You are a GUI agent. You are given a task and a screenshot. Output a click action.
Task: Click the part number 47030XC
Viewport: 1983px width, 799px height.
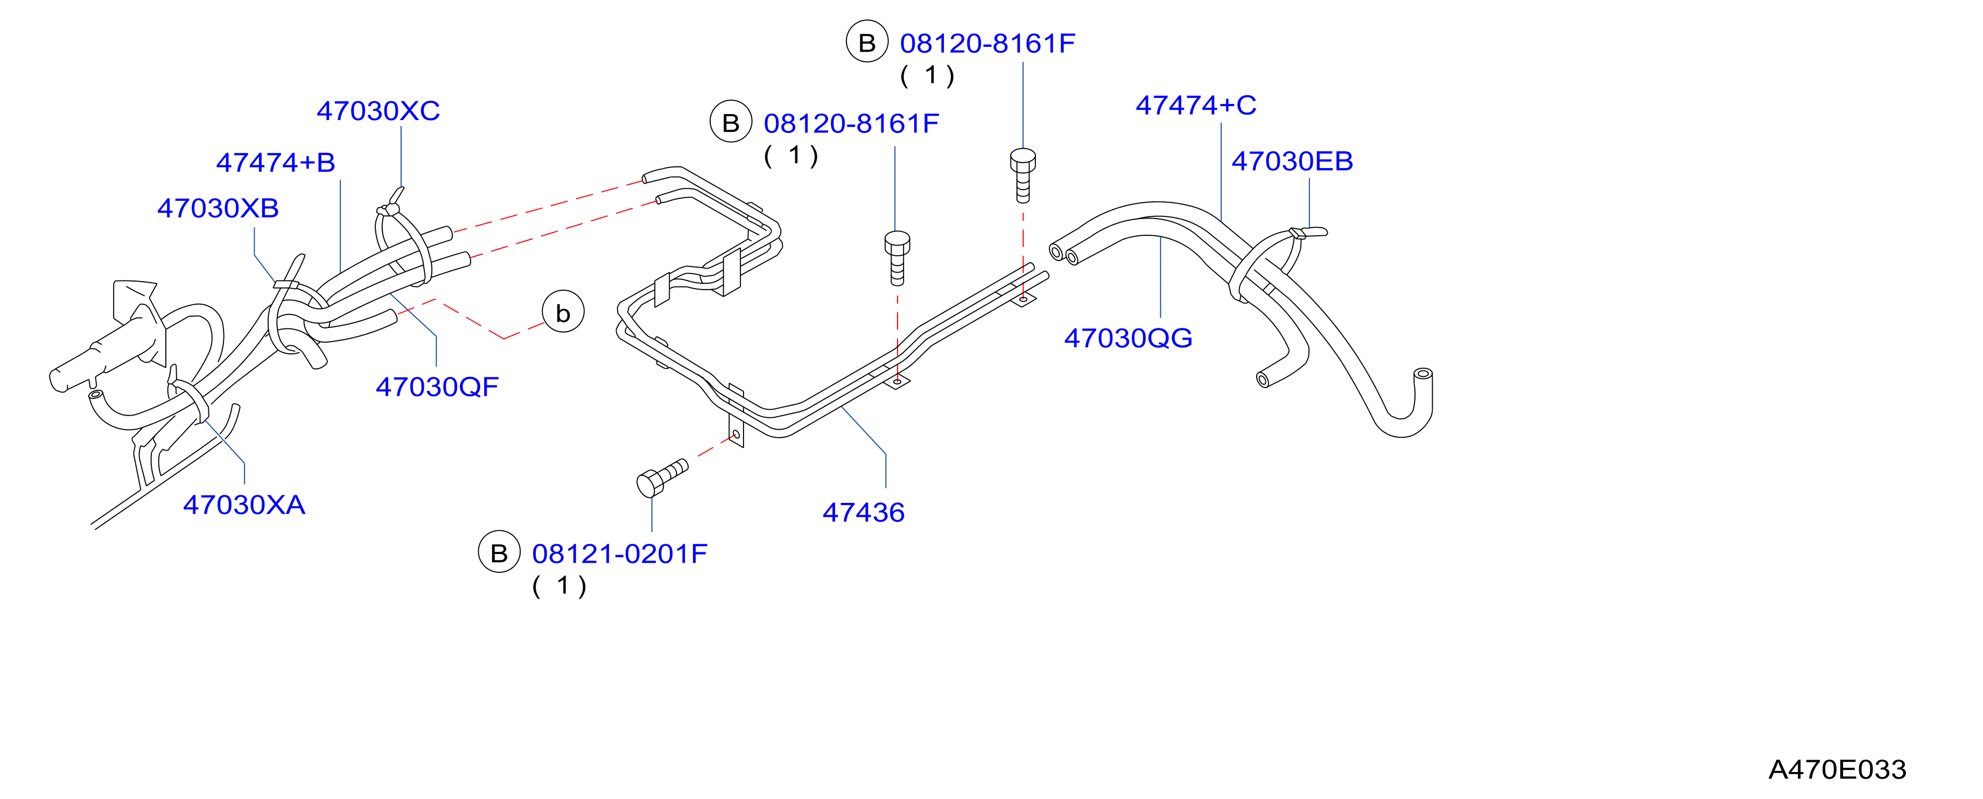click(x=378, y=111)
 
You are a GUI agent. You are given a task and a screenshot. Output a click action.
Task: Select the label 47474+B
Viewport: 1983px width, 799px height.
click(x=276, y=163)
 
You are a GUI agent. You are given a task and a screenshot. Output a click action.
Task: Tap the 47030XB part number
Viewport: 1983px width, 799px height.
click(x=218, y=208)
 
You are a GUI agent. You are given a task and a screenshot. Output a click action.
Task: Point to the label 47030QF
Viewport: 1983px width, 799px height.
click(x=437, y=387)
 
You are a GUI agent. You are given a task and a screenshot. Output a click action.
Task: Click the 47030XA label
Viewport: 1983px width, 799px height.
click(x=244, y=505)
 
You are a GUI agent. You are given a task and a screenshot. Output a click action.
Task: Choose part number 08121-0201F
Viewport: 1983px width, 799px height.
click(x=620, y=553)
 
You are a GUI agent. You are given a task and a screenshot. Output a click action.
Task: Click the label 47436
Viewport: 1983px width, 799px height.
click(x=864, y=513)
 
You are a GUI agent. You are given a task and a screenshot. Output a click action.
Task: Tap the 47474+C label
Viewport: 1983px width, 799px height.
click(x=1196, y=104)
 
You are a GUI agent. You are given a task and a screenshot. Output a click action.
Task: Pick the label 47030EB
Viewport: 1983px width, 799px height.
click(x=1293, y=161)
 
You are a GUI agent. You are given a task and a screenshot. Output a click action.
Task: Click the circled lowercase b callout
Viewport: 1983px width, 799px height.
click(x=563, y=312)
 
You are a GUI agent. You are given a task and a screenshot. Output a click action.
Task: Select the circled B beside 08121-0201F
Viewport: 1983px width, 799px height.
click(x=499, y=553)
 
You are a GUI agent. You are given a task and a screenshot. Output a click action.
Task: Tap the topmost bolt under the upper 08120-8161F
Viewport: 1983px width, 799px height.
click(x=1022, y=176)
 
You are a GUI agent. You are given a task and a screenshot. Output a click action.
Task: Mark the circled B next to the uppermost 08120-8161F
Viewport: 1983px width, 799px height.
click(x=867, y=43)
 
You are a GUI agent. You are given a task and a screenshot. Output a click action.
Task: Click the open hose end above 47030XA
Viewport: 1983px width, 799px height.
click(x=95, y=395)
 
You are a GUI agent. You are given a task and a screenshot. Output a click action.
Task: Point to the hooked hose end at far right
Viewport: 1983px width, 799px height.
click(x=1424, y=374)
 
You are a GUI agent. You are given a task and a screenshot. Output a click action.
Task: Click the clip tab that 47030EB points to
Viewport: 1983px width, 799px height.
click(x=1309, y=232)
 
